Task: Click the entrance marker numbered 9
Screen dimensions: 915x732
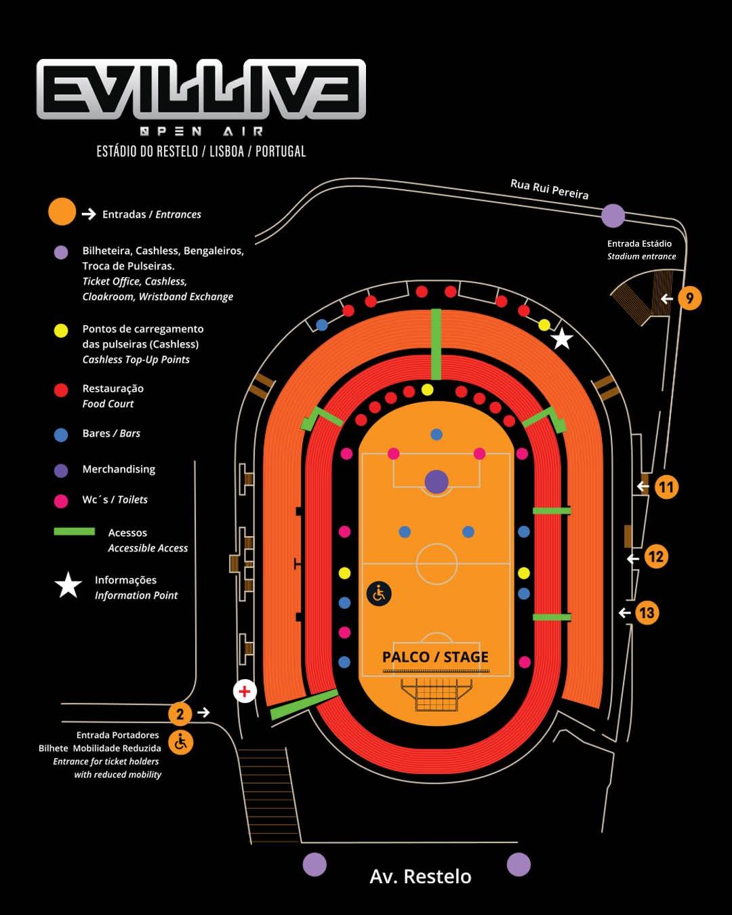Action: (689, 298)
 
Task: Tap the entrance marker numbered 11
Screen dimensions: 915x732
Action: (666, 487)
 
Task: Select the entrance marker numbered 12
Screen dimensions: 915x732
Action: (655, 557)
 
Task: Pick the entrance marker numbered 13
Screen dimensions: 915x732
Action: (647, 613)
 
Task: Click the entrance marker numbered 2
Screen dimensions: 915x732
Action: (180, 714)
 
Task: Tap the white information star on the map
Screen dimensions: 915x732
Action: (561, 338)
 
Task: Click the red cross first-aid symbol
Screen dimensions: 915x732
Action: (245, 691)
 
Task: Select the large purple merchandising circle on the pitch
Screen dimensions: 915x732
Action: (436, 481)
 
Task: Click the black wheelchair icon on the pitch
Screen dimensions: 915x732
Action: (379, 594)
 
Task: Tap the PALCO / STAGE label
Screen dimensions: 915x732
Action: (435, 657)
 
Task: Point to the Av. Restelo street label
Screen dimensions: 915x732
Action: (420, 876)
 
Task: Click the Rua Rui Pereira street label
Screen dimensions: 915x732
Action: (549, 189)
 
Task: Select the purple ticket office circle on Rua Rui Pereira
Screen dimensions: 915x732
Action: (613, 216)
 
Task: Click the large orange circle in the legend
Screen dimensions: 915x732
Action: (62, 211)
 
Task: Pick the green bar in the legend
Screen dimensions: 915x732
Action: (75, 532)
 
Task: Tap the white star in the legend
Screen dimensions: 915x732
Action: (68, 586)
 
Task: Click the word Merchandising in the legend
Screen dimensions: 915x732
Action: (119, 469)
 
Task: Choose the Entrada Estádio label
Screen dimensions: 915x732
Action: (639, 243)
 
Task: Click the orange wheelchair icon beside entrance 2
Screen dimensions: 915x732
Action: (180, 742)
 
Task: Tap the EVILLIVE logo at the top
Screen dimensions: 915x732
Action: (201, 89)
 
